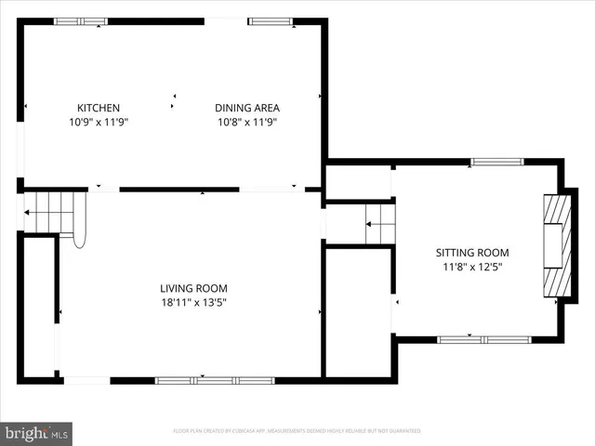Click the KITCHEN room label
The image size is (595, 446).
point(98,108)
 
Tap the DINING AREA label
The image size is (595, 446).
point(247,108)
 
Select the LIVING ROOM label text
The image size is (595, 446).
point(193,288)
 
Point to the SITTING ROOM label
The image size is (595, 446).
point(473,253)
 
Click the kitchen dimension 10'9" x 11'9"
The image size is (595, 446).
point(98,122)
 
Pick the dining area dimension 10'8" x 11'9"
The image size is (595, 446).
point(247,122)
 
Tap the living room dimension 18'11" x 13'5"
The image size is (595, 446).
point(193,302)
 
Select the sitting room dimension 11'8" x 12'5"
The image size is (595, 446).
point(473,267)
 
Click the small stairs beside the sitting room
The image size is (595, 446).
point(379,225)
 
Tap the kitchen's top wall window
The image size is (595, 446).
point(81,21)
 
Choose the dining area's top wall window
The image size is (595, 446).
point(270,21)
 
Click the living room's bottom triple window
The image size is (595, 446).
point(215,380)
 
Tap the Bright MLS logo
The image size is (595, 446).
point(37,433)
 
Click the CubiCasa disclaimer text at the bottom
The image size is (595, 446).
point(297,431)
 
